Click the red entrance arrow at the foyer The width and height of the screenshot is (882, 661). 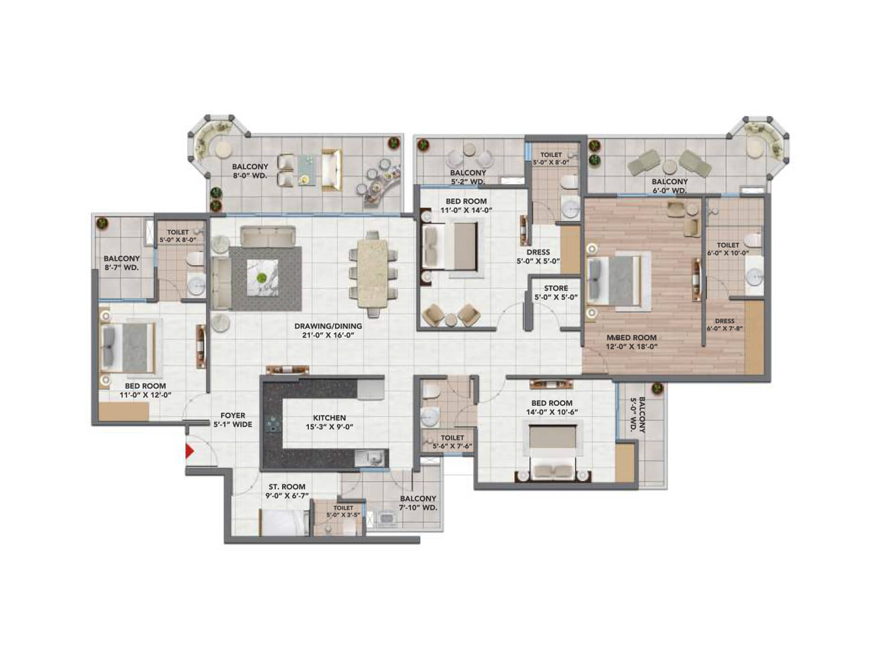coord(190,451)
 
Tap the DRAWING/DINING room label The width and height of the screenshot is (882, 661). coord(328,330)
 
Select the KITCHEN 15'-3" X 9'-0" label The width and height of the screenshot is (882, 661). coord(330,422)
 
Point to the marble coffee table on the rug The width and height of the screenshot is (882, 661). coord(262,277)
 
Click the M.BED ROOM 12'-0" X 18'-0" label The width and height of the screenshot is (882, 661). coord(631,342)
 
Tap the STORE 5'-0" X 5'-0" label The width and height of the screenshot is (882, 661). coord(556,292)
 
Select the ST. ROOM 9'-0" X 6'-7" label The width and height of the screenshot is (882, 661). coord(287,491)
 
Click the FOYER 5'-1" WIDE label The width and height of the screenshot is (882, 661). coord(233,420)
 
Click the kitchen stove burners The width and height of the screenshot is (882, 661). coord(272,424)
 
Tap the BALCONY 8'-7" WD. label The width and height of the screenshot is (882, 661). coord(121,262)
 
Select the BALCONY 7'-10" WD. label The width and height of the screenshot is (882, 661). coord(418,502)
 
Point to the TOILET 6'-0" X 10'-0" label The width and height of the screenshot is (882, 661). coord(728,249)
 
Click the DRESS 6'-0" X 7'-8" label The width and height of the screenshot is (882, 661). coord(724,324)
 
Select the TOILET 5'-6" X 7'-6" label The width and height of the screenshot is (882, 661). coord(452,442)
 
